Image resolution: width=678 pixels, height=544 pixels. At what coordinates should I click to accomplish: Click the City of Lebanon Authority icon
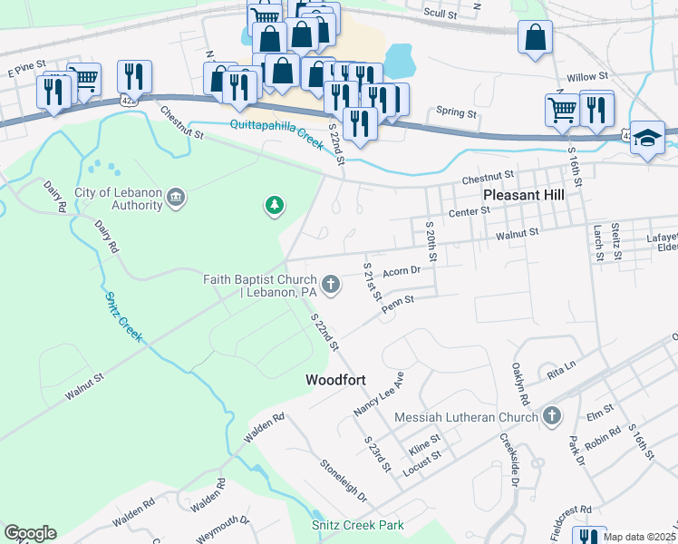point(177,198)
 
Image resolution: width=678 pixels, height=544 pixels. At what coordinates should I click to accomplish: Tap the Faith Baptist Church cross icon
point(331,285)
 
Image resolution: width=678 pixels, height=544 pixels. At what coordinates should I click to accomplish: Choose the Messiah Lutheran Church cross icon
point(552,416)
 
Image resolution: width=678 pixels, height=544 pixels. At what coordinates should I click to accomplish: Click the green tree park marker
point(274,207)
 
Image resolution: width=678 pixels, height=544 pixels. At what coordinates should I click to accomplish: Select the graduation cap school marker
point(647,138)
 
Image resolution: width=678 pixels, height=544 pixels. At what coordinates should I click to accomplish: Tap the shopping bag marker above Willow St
point(535,38)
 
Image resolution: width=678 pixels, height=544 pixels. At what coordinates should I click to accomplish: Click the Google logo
point(30,533)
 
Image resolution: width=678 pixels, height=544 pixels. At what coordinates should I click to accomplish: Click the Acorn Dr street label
point(402,270)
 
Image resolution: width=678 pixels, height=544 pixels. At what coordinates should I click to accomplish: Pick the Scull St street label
point(441,12)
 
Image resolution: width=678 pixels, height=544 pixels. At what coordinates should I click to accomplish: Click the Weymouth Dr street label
point(222,528)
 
